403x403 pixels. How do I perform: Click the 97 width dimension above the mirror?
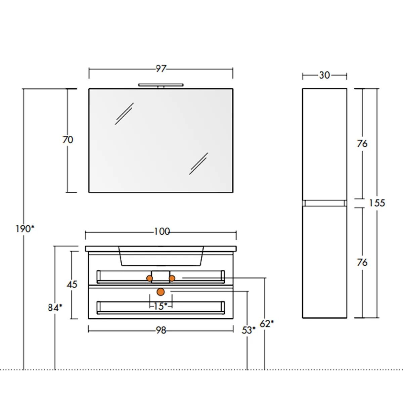pos(161,69)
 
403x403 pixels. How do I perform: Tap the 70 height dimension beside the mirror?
pos(68,140)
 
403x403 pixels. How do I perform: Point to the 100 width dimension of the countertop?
pos(162,232)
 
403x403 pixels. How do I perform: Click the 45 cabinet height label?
pos(72,284)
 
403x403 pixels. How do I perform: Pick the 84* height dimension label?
pos(55,307)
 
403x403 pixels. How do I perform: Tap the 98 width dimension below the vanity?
pos(161,330)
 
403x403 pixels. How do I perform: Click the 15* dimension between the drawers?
pos(161,306)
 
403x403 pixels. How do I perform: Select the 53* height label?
pos(248,330)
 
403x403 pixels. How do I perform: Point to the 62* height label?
pos(267,324)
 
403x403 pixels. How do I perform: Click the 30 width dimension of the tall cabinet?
pos(324,75)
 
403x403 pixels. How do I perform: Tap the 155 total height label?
pos(377,203)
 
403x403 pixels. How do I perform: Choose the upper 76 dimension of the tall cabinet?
pos(362,144)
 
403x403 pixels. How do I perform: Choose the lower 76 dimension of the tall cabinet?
pos(362,262)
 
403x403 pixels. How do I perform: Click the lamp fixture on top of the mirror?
pos(161,85)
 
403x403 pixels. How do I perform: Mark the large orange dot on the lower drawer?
pos(161,292)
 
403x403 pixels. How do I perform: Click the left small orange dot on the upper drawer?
pos(149,278)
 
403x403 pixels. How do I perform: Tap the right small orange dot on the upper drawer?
pos(172,278)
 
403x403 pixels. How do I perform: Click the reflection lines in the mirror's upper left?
pos(124,114)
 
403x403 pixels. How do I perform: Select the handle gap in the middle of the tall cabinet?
pos(324,203)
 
